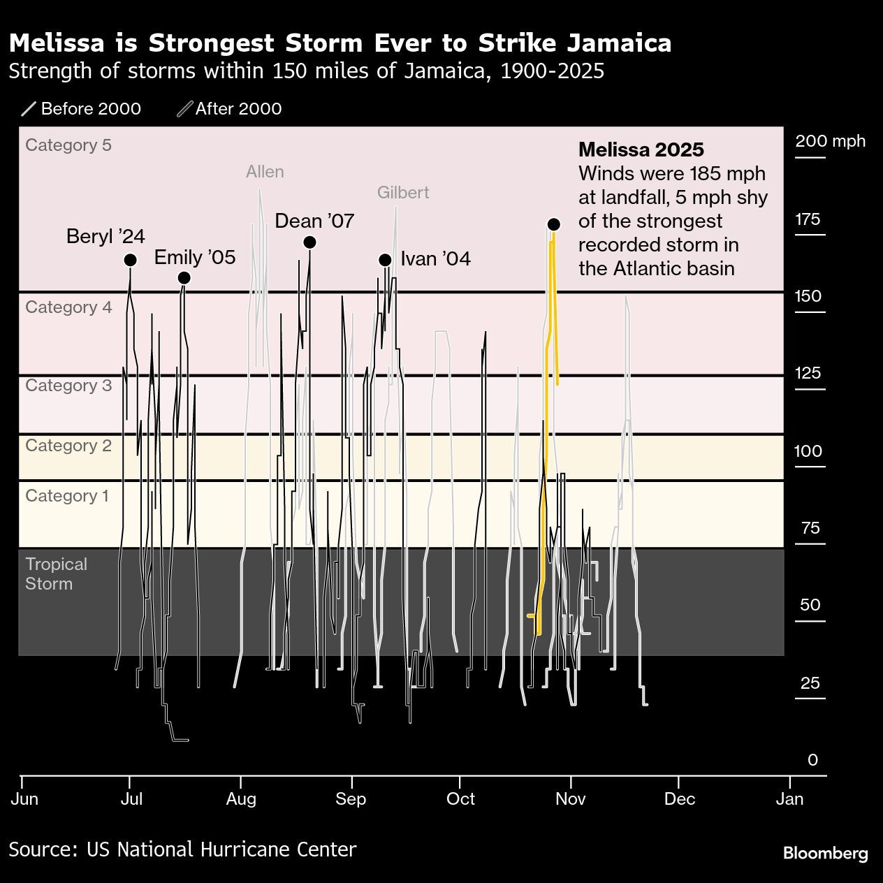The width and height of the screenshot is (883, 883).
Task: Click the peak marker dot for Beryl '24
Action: [x=130, y=260]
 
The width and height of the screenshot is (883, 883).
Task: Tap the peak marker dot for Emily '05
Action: [x=184, y=278]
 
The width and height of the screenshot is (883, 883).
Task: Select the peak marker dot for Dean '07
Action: [x=310, y=242]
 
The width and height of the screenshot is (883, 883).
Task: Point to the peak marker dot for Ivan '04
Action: [x=385, y=260]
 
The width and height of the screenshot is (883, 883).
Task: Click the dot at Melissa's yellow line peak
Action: [x=554, y=224]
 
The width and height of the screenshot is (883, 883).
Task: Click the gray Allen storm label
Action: [x=265, y=172]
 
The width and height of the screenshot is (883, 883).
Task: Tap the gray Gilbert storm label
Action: [x=403, y=193]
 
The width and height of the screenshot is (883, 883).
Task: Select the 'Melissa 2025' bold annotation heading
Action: [x=641, y=149]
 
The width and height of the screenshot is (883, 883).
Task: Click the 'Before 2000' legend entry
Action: [x=82, y=109]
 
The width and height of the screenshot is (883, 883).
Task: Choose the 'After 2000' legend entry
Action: [x=230, y=109]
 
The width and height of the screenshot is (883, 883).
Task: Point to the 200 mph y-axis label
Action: [x=830, y=141]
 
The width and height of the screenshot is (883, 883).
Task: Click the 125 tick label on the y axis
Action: [x=808, y=373]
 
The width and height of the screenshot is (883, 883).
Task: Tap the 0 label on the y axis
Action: [x=812, y=760]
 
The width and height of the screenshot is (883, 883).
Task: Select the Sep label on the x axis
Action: [x=351, y=798]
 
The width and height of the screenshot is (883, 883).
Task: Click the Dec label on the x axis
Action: [x=680, y=798]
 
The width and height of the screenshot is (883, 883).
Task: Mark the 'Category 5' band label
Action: [x=68, y=145]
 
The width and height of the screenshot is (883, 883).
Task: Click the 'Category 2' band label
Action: [x=68, y=446]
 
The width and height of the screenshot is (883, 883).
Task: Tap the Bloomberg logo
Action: [x=825, y=853]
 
